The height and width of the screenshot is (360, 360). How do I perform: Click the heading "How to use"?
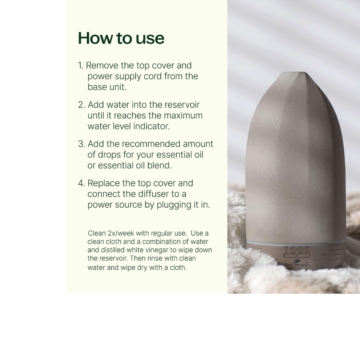(x=121, y=38)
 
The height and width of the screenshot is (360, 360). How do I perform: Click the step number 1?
(x=80, y=66)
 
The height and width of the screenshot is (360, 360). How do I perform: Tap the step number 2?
(x=81, y=105)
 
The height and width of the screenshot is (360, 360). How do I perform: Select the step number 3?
(x=81, y=144)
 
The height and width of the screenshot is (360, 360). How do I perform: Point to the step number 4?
(x=81, y=183)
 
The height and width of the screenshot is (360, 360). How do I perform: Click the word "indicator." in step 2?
(x=151, y=126)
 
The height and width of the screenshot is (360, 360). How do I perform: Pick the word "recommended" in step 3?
(x=151, y=144)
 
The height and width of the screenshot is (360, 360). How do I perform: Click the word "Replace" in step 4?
(x=102, y=183)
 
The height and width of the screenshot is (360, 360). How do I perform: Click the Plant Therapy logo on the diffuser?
(x=296, y=264)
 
